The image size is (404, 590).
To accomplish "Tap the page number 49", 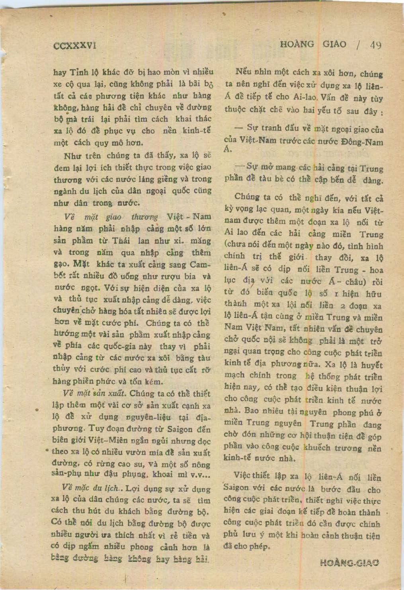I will pos(375,45).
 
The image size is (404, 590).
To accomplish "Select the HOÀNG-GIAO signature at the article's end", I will pos(349,563).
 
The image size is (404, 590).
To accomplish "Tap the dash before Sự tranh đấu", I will pos(239,128).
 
